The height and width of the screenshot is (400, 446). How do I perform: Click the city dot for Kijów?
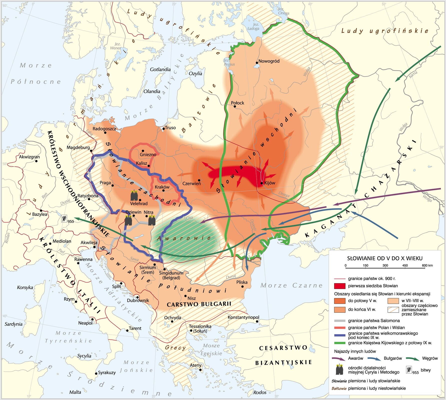[262, 183]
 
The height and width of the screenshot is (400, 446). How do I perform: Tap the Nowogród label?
[269, 61]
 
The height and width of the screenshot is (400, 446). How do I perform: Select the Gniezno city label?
[148, 154]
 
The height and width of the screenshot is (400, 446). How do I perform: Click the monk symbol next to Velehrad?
[134, 195]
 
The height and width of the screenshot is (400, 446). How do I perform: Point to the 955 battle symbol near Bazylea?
[64, 218]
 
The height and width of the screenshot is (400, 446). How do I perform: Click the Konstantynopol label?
[243, 317]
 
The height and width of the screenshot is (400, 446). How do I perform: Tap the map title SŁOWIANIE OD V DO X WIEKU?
[385, 258]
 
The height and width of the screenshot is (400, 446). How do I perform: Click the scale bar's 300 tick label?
[385, 265]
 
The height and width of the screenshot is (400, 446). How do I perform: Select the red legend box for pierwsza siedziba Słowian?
[340, 286]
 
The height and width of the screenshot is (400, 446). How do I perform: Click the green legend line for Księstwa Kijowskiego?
[340, 343]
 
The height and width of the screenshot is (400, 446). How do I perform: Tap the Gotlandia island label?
[160, 69]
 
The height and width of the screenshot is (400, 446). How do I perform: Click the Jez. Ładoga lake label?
[253, 26]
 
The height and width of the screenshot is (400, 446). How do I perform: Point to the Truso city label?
[170, 127]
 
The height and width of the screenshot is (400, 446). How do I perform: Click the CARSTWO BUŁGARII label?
[199, 304]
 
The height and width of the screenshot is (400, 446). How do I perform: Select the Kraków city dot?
[163, 190]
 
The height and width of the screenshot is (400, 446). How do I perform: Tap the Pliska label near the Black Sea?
[242, 282]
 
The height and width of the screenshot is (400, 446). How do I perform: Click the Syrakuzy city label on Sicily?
[107, 372]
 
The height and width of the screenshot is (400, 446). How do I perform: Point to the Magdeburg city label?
[78, 147]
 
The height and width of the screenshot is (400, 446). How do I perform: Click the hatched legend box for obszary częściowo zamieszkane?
[393, 309]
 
